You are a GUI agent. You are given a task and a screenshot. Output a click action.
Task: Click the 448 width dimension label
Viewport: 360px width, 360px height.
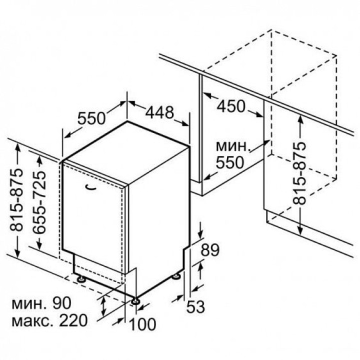(159, 112)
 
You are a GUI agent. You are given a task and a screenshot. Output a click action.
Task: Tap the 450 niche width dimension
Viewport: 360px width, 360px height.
(231, 106)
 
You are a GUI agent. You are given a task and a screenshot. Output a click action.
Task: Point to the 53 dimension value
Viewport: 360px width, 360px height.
(195, 306)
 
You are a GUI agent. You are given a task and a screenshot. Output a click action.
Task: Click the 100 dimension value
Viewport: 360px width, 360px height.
(142, 324)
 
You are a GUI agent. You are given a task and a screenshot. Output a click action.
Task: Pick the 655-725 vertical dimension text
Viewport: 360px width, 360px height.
(39, 202)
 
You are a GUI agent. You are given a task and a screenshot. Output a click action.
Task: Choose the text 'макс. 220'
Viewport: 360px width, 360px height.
(49, 320)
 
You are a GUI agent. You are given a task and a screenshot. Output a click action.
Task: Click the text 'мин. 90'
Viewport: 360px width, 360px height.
(41, 303)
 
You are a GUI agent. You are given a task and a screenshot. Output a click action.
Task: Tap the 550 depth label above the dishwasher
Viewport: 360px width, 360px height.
(91, 118)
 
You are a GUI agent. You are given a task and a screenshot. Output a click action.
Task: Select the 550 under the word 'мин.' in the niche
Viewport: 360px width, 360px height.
(229, 162)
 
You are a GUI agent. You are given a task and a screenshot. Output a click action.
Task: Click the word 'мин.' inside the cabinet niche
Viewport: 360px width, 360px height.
(233, 146)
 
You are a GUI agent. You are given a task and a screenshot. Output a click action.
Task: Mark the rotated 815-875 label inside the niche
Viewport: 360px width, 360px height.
(299, 173)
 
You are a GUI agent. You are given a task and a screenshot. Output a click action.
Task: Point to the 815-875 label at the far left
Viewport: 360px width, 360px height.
(16, 199)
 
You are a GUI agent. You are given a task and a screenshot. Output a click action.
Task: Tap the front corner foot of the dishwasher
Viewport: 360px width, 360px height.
(135, 301)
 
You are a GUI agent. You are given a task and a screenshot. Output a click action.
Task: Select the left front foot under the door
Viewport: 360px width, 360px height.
(81, 279)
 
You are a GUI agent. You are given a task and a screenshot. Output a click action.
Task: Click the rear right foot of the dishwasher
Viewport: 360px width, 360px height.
(176, 276)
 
